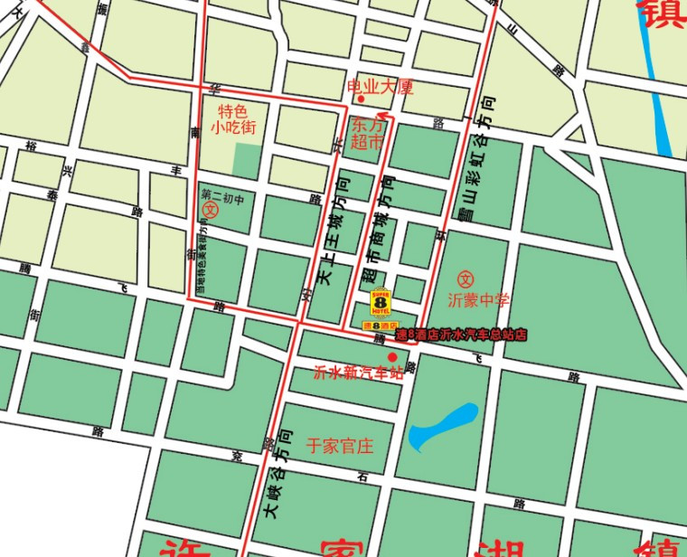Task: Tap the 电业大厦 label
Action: pos(381,87)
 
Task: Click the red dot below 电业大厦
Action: pos(361,99)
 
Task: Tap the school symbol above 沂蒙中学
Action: pos(466,278)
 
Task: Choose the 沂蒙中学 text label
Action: pos(478,299)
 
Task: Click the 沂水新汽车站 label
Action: pos(357,372)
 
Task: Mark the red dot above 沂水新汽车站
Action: pos(391,357)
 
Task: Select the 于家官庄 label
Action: pos(340,446)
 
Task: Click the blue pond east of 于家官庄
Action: pos(442,427)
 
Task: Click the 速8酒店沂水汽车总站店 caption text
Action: pos(461,335)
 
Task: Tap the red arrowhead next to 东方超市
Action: pos(386,116)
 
